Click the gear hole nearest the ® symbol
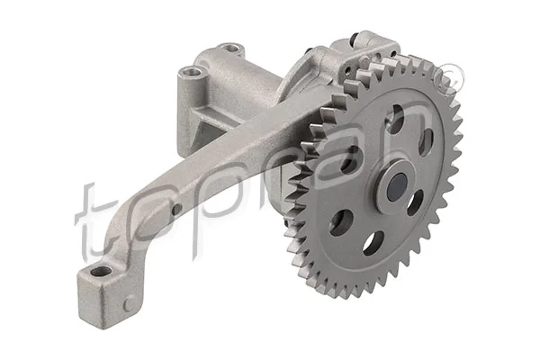(x=426, y=141)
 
